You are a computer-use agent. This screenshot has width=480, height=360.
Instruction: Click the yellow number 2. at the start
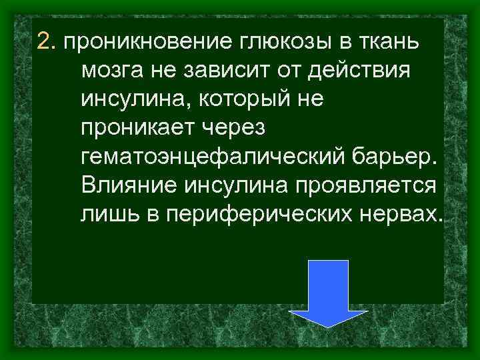[47, 42]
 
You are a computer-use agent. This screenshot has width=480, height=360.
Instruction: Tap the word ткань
[392, 42]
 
